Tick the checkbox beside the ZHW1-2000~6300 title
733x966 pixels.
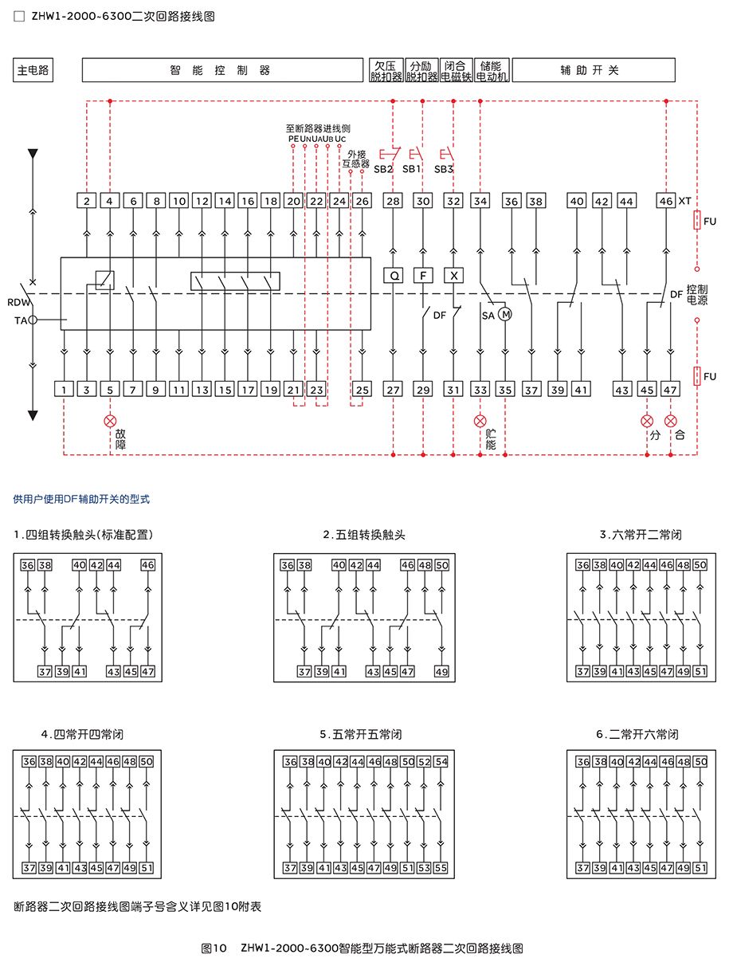(19, 16)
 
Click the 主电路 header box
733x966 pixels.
(33, 70)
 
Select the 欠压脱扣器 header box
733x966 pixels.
(386, 70)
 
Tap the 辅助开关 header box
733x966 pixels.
(593, 70)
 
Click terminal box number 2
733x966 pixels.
(87, 201)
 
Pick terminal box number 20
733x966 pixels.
(293, 201)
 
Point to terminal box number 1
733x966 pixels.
(64, 389)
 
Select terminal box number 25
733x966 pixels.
(362, 389)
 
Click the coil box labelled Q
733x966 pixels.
(394, 276)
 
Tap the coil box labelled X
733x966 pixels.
(453, 276)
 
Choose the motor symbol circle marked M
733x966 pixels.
(505, 314)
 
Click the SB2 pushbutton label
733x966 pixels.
(382, 169)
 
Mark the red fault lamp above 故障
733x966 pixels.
(110, 421)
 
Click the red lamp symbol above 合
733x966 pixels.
(670, 421)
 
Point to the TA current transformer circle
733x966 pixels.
(33, 320)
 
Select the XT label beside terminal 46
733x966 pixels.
(684, 201)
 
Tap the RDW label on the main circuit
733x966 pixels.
(18, 302)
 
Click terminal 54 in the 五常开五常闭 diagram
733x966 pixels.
(441, 761)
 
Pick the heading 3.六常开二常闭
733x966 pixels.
(640, 535)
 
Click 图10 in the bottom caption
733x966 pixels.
(214, 948)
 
